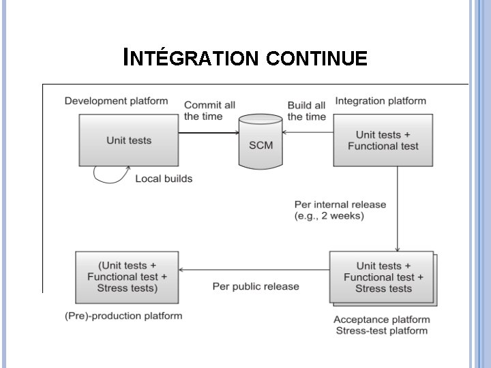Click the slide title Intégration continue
coord(245,59)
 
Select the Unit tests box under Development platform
coord(128,140)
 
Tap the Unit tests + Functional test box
coord(383,140)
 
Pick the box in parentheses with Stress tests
coord(127,277)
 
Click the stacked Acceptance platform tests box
coord(383,277)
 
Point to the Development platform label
coord(116,101)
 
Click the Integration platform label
coord(381,101)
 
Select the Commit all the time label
coord(209,110)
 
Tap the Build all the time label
coord(307,110)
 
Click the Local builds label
coord(164,179)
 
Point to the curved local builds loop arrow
coord(109,177)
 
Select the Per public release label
coord(256,286)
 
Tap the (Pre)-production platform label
coord(123,316)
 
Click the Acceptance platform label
coord(381,320)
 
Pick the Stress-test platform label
coord(381,331)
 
